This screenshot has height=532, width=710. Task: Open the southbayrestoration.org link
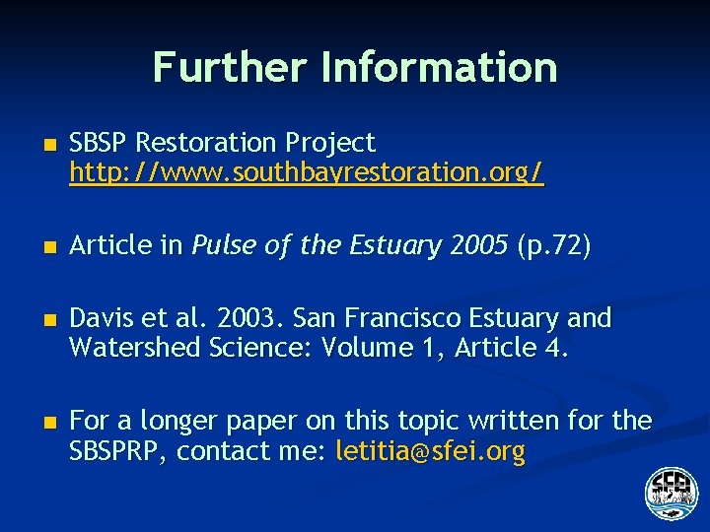(x=306, y=174)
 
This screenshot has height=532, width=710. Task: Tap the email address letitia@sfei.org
(x=431, y=452)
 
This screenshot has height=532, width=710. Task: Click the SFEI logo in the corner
(x=671, y=492)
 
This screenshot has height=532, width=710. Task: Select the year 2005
(x=476, y=246)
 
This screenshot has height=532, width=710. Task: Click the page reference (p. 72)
(x=553, y=246)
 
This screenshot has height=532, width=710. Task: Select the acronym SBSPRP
(x=117, y=452)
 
